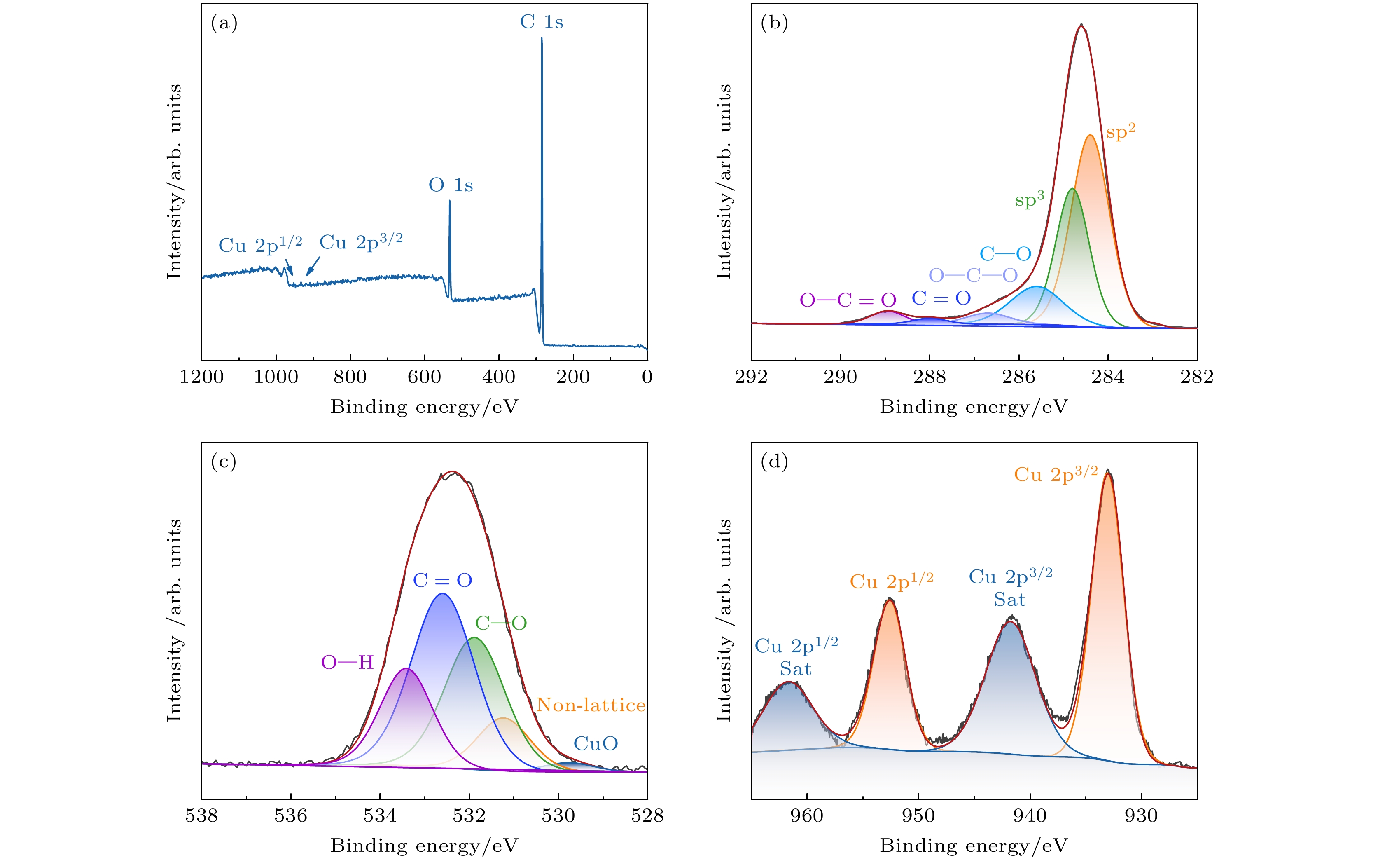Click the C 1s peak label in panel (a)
click(541, 22)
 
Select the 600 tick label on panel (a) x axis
click(424, 377)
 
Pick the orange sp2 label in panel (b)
click(1120, 131)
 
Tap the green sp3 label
click(1029, 199)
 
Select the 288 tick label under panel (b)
click(929, 377)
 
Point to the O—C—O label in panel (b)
click(973, 276)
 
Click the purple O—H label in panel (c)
click(347, 662)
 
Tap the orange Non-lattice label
click(591, 705)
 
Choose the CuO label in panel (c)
click(595, 743)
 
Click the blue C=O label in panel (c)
click(442, 580)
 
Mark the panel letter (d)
click(774, 462)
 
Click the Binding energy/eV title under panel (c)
click(424, 846)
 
